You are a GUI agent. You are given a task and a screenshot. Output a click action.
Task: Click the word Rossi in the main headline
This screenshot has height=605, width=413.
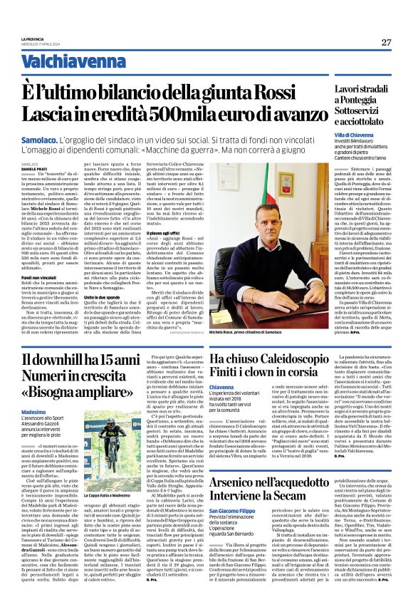[x=282, y=92]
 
